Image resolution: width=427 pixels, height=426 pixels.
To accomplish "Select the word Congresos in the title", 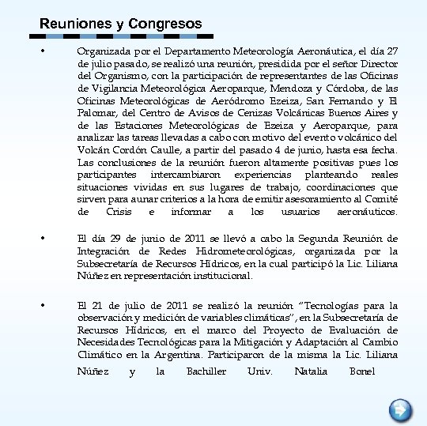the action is tap(164, 25).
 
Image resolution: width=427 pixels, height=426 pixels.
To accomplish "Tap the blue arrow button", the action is tap(401, 409).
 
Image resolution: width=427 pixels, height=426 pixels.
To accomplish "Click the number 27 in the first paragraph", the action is tap(391, 51).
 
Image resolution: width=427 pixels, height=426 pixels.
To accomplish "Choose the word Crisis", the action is tap(118, 212).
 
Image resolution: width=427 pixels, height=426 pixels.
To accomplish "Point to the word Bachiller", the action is tap(206, 371).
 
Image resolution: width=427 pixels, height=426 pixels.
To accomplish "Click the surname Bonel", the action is tap(361, 371).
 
